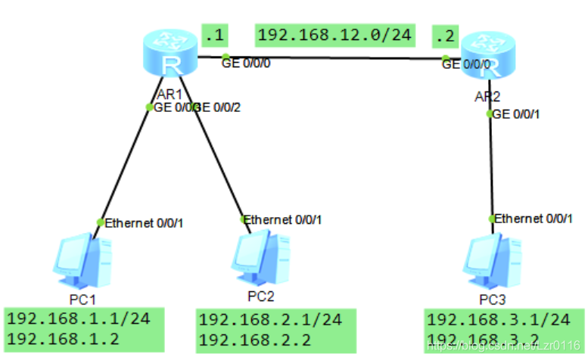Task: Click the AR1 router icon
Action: [171, 54]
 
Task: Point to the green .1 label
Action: [214, 34]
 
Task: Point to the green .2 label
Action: [443, 35]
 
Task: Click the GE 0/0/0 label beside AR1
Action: [246, 64]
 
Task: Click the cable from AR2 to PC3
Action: [490, 166]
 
